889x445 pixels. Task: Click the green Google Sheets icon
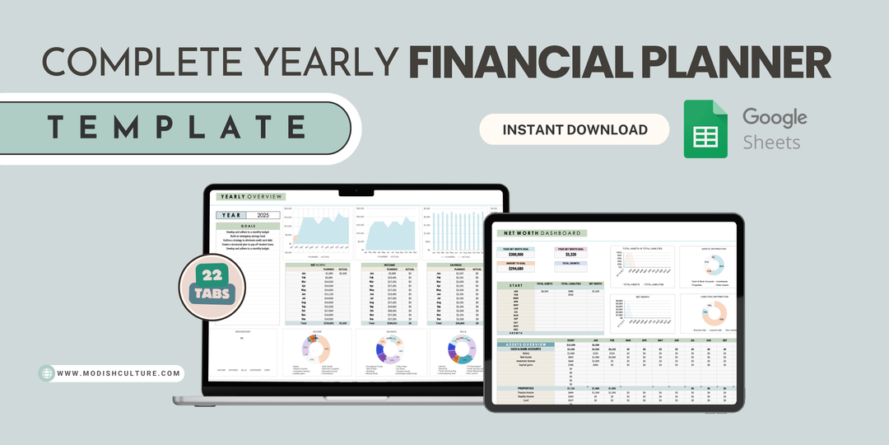(x=706, y=129)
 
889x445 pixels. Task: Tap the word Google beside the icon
(x=774, y=116)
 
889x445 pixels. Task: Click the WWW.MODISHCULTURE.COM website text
(x=119, y=373)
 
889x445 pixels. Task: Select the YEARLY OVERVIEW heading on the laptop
(x=250, y=196)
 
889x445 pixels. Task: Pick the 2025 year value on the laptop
(x=258, y=214)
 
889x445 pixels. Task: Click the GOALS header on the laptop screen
(x=248, y=226)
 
